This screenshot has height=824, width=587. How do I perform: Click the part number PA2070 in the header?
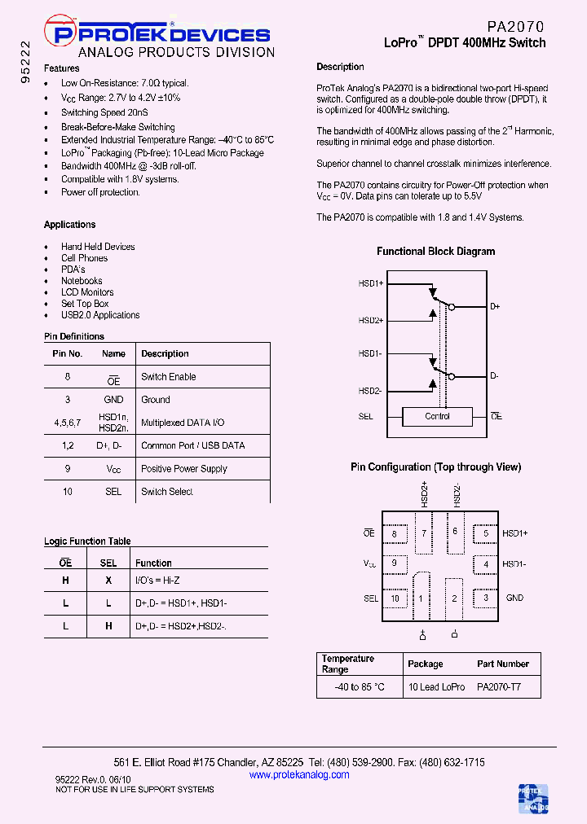click(x=515, y=27)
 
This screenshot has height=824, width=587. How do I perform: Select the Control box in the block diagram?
click(x=438, y=417)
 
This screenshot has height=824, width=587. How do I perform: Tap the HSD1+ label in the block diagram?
click(x=371, y=283)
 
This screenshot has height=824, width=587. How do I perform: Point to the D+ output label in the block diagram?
click(x=495, y=307)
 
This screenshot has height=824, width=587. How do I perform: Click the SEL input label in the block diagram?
click(x=366, y=417)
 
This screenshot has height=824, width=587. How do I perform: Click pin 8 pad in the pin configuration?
click(x=395, y=534)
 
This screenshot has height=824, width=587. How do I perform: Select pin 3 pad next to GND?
click(x=486, y=598)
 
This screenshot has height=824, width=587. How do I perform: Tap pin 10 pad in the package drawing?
click(x=395, y=598)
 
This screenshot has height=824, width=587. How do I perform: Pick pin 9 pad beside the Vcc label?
click(x=395, y=563)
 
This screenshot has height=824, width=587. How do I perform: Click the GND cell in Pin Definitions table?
click(x=114, y=400)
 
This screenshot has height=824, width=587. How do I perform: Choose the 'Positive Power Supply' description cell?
click(x=184, y=469)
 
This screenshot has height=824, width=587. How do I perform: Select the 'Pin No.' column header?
click(x=68, y=354)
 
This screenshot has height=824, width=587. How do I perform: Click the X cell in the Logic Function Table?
click(x=108, y=581)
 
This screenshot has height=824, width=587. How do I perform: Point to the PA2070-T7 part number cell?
click(x=498, y=687)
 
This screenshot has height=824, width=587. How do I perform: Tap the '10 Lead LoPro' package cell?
click(x=436, y=687)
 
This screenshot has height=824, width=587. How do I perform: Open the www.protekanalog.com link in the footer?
click(x=299, y=775)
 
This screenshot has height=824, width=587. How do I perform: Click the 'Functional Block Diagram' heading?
click(x=435, y=252)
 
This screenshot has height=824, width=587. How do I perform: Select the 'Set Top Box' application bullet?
click(x=85, y=304)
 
